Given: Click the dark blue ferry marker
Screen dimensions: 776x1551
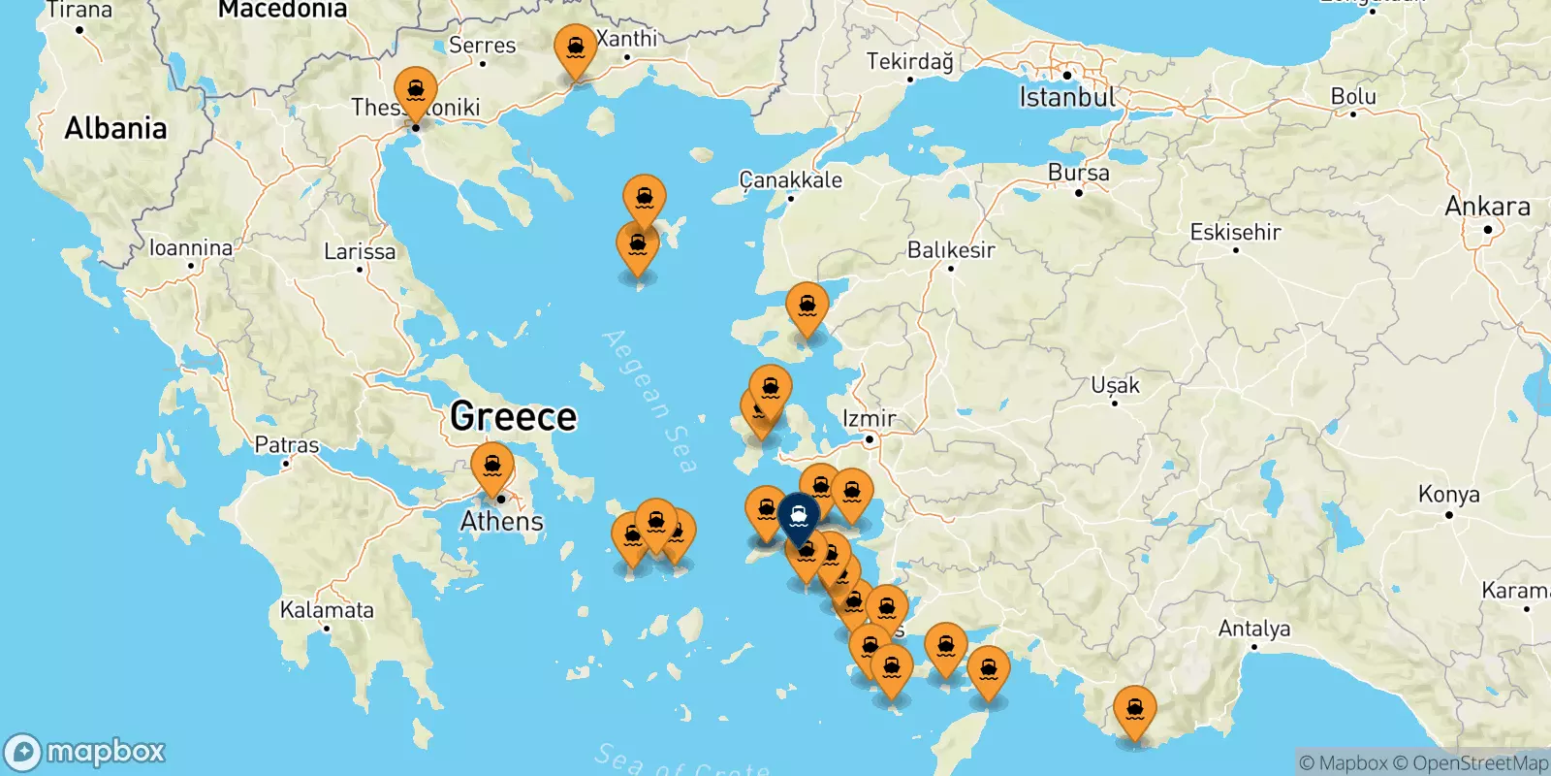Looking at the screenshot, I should click(x=799, y=516).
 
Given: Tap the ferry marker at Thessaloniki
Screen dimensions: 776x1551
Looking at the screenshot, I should click(x=416, y=92).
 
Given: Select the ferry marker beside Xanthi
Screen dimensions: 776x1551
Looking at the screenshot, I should click(x=576, y=49).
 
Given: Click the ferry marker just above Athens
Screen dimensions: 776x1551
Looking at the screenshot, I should click(x=492, y=468).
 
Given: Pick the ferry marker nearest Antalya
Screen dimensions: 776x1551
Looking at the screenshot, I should click(x=1134, y=711).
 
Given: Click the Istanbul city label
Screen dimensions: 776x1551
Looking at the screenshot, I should click(x=1066, y=97).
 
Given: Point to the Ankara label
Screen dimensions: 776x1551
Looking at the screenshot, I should click(x=1487, y=207).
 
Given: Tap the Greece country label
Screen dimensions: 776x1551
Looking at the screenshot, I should click(x=514, y=417).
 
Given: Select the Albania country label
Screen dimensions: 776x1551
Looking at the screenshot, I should click(x=115, y=128).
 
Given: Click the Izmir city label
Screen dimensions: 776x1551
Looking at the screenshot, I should click(x=869, y=418).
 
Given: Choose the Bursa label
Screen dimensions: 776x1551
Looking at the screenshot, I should click(x=1078, y=173).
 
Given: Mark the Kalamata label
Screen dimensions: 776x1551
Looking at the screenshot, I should click(x=327, y=610).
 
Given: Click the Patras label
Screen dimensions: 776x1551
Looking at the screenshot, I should click(x=286, y=445).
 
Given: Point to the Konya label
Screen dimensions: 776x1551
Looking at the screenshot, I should click(x=1448, y=495).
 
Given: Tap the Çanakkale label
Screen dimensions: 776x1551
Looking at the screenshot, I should click(x=790, y=179).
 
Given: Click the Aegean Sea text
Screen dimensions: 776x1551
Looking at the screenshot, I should click(x=649, y=401).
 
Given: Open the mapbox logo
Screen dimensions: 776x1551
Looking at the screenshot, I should click(x=85, y=752).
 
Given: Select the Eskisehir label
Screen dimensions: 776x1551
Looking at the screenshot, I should click(x=1235, y=232).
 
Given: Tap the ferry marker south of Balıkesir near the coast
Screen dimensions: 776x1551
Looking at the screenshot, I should click(x=807, y=307).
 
